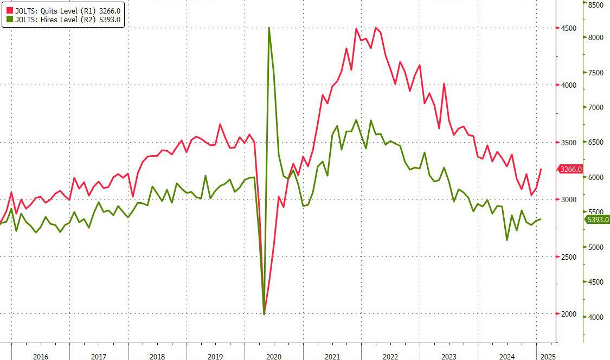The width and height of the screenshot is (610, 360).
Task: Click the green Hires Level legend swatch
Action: [9, 20]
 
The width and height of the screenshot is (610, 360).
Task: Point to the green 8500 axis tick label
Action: [596, 5]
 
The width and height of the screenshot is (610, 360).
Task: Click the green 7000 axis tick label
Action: [596, 107]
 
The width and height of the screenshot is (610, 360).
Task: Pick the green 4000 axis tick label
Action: [596, 317]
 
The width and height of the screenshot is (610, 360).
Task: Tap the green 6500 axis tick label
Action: [596, 142]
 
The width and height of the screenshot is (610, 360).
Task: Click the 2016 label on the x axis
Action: [41, 356]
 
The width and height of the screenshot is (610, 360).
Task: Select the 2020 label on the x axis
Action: [274, 356]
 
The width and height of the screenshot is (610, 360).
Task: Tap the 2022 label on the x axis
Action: [391, 356]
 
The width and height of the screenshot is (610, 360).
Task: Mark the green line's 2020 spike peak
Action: [269, 28]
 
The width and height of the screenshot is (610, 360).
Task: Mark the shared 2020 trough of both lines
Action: [264, 314]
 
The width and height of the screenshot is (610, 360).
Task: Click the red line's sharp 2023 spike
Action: [444, 83]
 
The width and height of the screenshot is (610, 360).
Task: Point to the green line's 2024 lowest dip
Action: [507, 240]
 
